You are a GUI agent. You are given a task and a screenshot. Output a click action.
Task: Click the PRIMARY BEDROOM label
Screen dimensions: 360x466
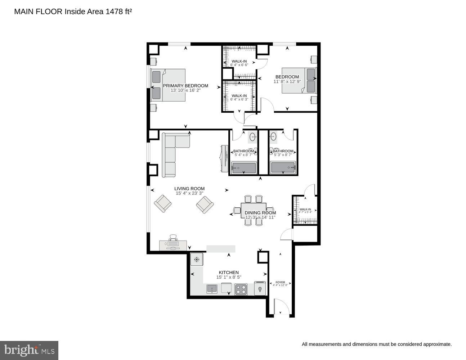point(185,86)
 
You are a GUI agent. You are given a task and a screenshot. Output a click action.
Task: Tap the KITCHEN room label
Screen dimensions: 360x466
point(229,273)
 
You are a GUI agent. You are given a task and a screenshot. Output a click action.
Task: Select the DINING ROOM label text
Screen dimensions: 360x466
point(260,213)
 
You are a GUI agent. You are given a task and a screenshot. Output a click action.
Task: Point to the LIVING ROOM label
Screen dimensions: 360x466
point(189,189)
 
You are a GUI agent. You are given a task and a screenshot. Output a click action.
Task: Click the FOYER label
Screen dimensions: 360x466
point(280,282)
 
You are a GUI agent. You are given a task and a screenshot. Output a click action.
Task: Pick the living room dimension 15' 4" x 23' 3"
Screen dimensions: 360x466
point(189,193)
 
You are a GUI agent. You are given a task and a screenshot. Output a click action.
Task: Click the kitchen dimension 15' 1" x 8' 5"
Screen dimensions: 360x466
point(229,277)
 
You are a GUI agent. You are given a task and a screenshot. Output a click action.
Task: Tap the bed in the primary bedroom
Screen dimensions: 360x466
point(168,85)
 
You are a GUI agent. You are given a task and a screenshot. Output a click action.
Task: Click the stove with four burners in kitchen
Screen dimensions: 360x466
point(241,289)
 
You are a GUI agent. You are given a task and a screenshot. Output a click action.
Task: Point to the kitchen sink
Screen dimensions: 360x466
point(212,289)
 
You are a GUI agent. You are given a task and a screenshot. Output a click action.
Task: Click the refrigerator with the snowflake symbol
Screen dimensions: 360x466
point(197,260)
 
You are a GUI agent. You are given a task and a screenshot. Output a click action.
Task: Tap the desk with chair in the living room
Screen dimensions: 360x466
point(173,244)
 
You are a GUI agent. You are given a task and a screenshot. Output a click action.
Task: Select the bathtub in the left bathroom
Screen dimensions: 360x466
point(244,168)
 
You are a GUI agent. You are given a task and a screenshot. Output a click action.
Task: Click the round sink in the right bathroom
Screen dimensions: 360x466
point(273,136)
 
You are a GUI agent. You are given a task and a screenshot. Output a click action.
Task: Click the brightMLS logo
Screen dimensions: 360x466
point(29,350)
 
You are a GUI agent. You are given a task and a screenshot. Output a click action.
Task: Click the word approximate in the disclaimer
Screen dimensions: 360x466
point(437,345)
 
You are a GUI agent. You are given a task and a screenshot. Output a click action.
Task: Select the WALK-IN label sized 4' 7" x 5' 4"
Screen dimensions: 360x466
point(305,210)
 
